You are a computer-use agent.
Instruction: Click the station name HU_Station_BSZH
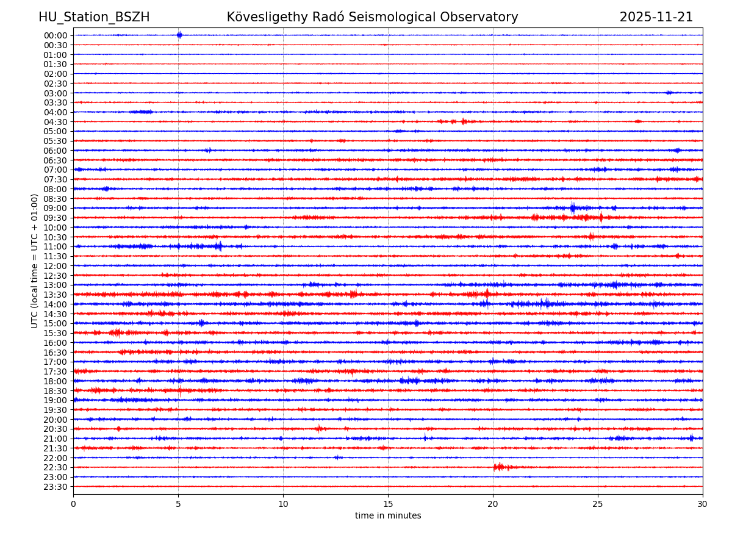(94, 17)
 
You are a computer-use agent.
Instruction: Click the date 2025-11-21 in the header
(656, 17)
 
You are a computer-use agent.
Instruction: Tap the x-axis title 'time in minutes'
(388, 516)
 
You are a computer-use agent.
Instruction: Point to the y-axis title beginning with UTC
(35, 261)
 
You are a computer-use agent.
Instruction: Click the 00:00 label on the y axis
(56, 35)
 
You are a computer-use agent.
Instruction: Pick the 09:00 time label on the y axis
(56, 208)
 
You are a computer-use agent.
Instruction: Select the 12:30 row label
(56, 276)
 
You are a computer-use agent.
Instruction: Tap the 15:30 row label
(56, 333)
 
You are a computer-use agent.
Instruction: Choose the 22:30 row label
(56, 467)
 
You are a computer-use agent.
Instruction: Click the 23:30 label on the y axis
(56, 487)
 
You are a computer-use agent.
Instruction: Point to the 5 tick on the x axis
(178, 504)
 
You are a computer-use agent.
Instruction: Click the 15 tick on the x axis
(388, 504)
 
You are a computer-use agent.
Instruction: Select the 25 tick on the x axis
(598, 504)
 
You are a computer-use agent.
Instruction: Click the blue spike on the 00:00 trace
(179, 35)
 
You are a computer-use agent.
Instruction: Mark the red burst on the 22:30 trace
(500, 467)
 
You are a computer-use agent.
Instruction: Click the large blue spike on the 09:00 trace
(573, 208)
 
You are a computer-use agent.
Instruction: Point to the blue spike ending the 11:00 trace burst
(219, 246)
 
